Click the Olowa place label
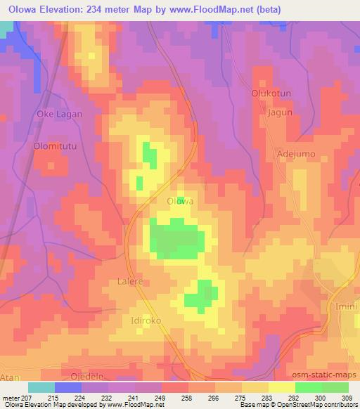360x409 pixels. [x=180, y=201]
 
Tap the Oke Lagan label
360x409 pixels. [x=60, y=114]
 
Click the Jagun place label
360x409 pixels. [x=280, y=112]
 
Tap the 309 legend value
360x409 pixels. [x=347, y=398]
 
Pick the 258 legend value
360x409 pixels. [x=186, y=398]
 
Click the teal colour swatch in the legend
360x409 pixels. [x=41, y=387]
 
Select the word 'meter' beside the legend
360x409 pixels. [x=11, y=398]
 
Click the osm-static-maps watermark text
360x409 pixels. [x=326, y=373]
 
